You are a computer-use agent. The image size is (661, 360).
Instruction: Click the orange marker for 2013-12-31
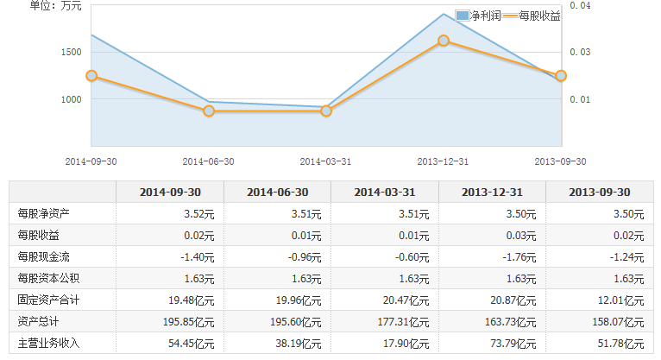pyautogui.click(x=444, y=41)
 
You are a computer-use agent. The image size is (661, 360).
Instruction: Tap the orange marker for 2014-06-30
pyautogui.click(x=209, y=111)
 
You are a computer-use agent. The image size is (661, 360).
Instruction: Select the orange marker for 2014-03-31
pyautogui.click(x=326, y=111)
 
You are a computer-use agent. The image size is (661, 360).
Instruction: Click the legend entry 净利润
pyautogui.click(x=479, y=16)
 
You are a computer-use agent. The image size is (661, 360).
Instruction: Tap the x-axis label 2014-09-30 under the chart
pyautogui.click(x=91, y=161)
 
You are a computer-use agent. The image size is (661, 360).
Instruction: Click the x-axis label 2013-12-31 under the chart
pyautogui.click(x=443, y=161)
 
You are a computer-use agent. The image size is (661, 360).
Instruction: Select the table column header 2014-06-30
pyautogui.click(x=278, y=192)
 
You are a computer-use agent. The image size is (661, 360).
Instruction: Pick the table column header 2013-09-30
pyautogui.click(x=600, y=192)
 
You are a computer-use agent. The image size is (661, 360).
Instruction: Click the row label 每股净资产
pyautogui.click(x=44, y=213)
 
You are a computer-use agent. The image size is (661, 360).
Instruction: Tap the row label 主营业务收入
pyautogui.click(x=49, y=343)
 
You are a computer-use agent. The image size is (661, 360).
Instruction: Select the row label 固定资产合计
pyautogui.click(x=49, y=300)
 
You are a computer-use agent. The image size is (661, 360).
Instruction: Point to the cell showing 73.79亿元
pyautogui.click(x=513, y=343)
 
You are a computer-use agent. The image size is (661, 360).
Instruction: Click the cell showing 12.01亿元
pyautogui.click(x=621, y=300)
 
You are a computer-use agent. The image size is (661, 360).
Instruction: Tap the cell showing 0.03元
pyautogui.click(x=520, y=235)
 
